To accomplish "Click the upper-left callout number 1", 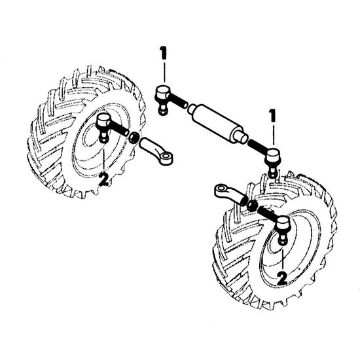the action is pyautogui.click(x=164, y=53).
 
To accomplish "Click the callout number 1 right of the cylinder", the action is pyautogui.click(x=272, y=115).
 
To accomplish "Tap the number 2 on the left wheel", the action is pyautogui.click(x=103, y=179).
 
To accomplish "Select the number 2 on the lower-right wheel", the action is pyautogui.click(x=282, y=278).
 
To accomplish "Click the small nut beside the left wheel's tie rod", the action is pyautogui.click(x=134, y=138).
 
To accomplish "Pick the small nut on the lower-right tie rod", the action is pyautogui.click(x=252, y=204).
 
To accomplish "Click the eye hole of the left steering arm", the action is pyautogui.click(x=166, y=157).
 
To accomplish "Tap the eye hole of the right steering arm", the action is pyautogui.click(x=221, y=189).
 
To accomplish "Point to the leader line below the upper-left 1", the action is pyautogui.click(x=164, y=72).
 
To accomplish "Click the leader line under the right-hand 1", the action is pyautogui.click(x=273, y=135).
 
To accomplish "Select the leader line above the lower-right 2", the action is pyautogui.click(x=283, y=259).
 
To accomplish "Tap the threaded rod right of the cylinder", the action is pyautogui.click(x=258, y=145).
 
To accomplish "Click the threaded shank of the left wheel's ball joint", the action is pyautogui.click(x=119, y=128).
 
